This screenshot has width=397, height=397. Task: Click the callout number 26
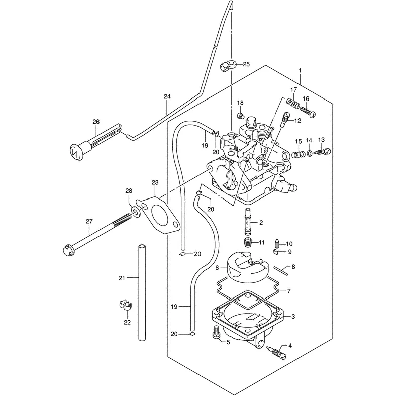tap(96, 122)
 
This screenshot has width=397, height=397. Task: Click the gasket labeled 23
tap(158, 217)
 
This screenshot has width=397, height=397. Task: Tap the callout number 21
tap(122, 278)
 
